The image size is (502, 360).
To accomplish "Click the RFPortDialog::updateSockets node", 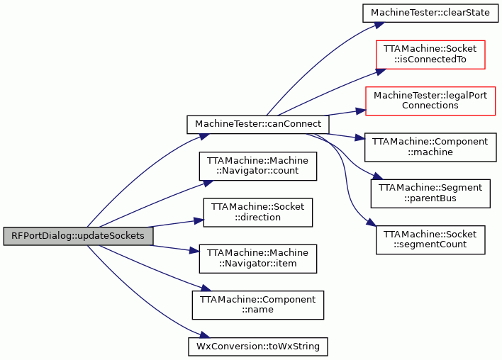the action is [78, 236].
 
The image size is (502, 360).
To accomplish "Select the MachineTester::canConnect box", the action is [258, 125].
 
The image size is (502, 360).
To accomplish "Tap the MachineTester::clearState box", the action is [430, 13].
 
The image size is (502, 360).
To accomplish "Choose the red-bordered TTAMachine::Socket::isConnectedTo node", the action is [430, 55].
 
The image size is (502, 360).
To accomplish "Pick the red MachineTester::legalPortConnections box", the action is [430, 101].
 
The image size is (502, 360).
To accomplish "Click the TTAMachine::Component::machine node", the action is [430, 147].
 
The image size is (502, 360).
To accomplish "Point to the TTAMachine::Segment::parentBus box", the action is [430, 193].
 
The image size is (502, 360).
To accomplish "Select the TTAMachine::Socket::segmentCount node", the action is [430, 240].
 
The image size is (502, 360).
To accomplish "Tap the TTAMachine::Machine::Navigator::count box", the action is [257, 166].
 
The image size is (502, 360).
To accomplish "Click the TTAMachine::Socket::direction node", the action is [257, 213].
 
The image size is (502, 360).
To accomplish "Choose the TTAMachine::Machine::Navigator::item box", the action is [257, 259].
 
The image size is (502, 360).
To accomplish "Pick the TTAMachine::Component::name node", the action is [257, 305].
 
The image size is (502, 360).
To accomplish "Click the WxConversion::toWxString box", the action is [257, 347].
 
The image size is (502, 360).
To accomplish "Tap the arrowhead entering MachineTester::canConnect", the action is [204, 136].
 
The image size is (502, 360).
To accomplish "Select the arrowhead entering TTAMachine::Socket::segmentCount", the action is [371, 223].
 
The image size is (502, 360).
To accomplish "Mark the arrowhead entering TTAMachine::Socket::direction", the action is [199, 220].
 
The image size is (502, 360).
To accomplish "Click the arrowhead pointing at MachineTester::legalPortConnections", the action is [360, 111].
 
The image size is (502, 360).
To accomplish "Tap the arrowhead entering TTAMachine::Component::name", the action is [206, 288].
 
